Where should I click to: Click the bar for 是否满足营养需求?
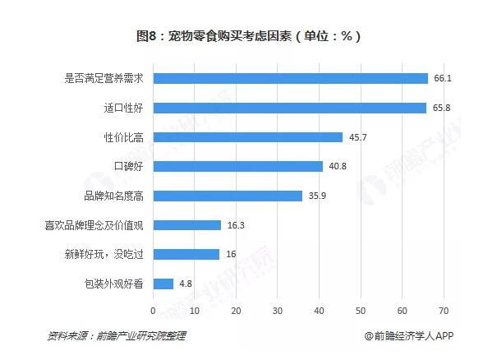(290, 79)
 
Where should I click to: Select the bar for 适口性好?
(289, 108)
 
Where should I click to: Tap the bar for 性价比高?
(247, 137)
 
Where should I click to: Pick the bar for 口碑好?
(237, 166)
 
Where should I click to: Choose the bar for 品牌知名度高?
(228, 196)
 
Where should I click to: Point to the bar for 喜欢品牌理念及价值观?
(186, 225)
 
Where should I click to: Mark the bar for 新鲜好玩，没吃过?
(186, 254)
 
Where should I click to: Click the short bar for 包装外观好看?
(163, 284)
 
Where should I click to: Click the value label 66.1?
(442, 79)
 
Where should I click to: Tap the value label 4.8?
(186, 284)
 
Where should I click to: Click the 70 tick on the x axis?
(444, 311)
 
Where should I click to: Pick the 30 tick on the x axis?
(278, 311)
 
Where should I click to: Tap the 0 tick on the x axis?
(153, 311)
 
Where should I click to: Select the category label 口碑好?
(130, 166)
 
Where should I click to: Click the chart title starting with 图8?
(248, 36)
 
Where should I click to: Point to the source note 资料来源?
(117, 335)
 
